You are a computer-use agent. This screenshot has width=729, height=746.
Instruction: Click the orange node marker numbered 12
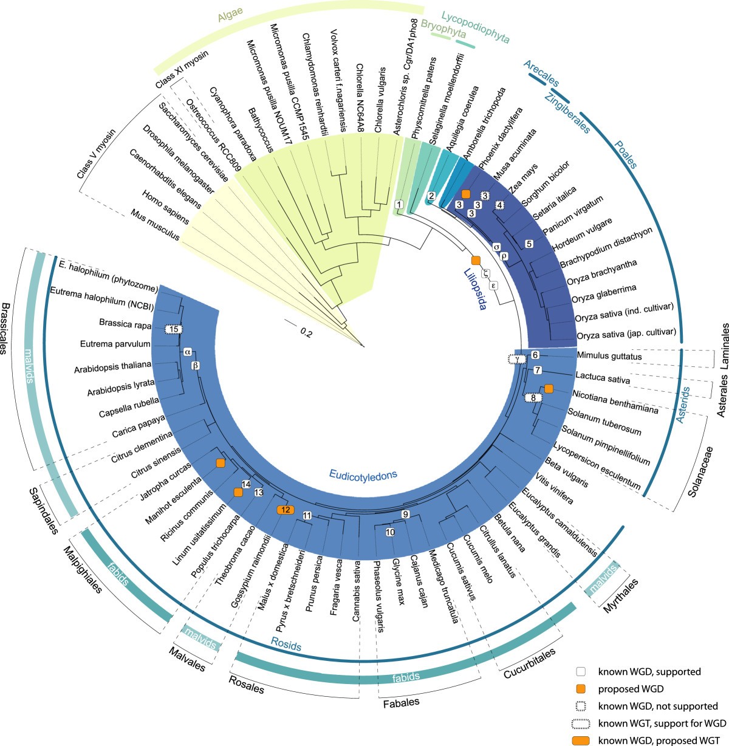[286, 510]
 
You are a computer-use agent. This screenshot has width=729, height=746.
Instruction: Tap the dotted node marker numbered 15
[174, 329]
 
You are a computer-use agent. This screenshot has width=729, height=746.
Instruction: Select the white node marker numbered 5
[529, 244]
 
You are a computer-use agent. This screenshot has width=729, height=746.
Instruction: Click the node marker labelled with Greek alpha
[188, 351]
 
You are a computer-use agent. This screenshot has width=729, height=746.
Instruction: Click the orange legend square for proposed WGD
[581, 689]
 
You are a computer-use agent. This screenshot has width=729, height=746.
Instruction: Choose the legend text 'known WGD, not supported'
[658, 706]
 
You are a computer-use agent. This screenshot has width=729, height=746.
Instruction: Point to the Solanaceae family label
[700, 471]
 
